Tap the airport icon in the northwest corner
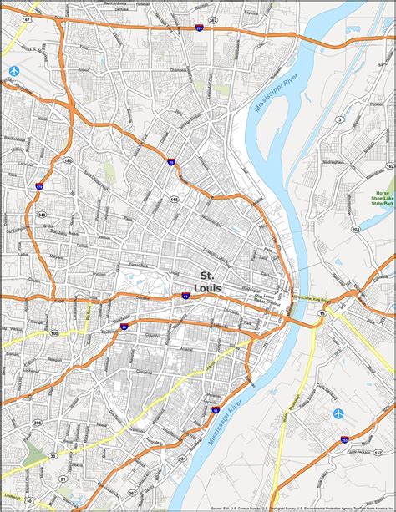tap(13, 70)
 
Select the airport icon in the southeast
tap(338, 413)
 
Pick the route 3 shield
tap(339, 120)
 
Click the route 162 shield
tap(388, 167)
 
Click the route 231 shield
tap(181, 459)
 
